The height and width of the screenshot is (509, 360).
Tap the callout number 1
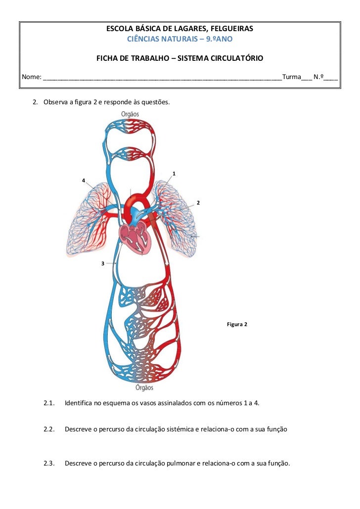coord(174,173)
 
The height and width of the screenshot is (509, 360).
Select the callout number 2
coord(198,203)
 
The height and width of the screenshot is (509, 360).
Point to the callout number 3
coord(102,264)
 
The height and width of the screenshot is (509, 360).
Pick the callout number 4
coord(84,180)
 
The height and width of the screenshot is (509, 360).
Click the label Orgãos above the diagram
coord(130,114)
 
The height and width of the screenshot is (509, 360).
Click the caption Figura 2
coord(236,325)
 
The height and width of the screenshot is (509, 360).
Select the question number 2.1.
coord(48,403)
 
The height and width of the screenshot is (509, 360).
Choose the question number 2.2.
coord(48,429)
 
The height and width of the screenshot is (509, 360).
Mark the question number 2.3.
coord(48,464)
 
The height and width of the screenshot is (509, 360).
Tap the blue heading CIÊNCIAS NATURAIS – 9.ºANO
coord(180,39)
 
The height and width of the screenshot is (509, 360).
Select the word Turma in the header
coord(291,77)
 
